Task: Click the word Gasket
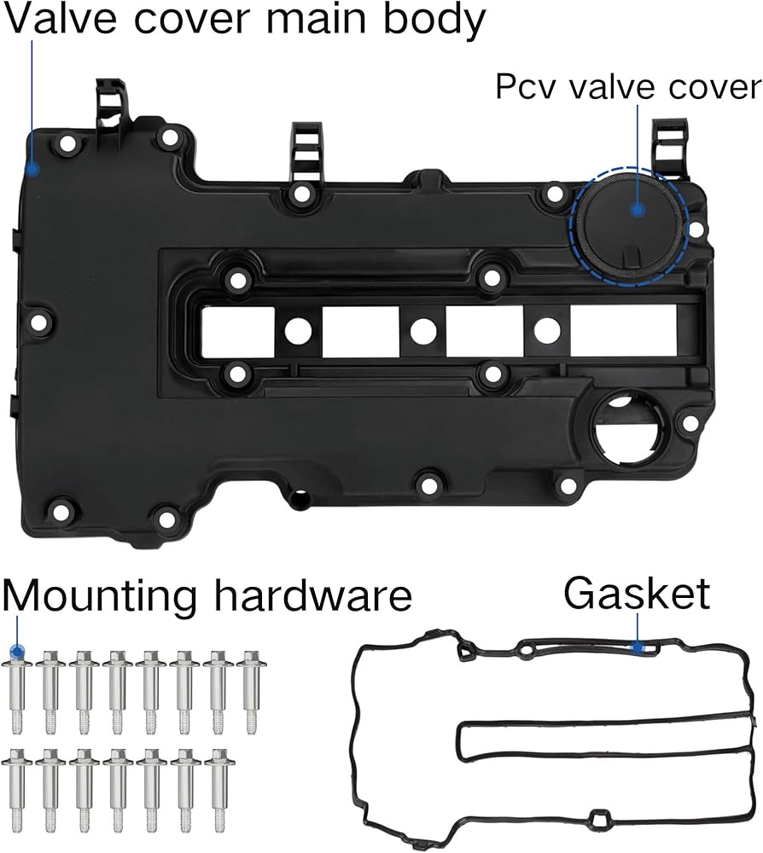pyautogui.click(x=636, y=594)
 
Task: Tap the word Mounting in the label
pyautogui.click(x=99, y=597)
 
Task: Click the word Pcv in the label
pyautogui.click(x=527, y=87)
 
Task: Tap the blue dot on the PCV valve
pyautogui.click(x=638, y=210)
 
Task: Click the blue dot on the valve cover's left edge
pyautogui.click(x=32, y=169)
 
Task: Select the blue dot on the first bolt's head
pyautogui.click(x=17, y=651)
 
